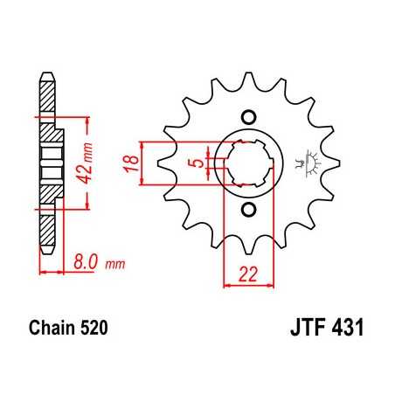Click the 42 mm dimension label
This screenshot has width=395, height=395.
click(x=76, y=162)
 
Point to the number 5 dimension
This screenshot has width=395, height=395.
click(x=200, y=163)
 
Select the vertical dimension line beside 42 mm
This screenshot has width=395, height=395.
click(x=89, y=162)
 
